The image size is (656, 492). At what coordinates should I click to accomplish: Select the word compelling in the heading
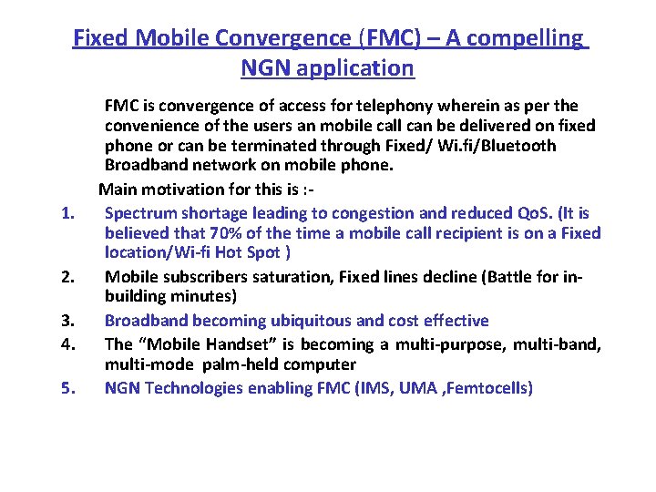[528, 38]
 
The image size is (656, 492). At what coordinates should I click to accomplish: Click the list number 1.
[66, 213]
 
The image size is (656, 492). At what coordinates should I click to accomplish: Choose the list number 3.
[66, 321]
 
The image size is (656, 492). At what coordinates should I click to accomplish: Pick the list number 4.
[66, 344]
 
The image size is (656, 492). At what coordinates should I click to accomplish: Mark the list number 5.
[66, 388]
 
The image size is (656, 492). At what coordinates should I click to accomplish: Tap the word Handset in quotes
[232, 344]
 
